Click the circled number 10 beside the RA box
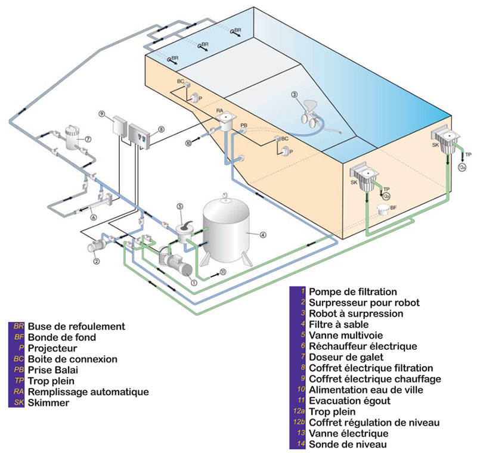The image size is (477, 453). click(x=188, y=142)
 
